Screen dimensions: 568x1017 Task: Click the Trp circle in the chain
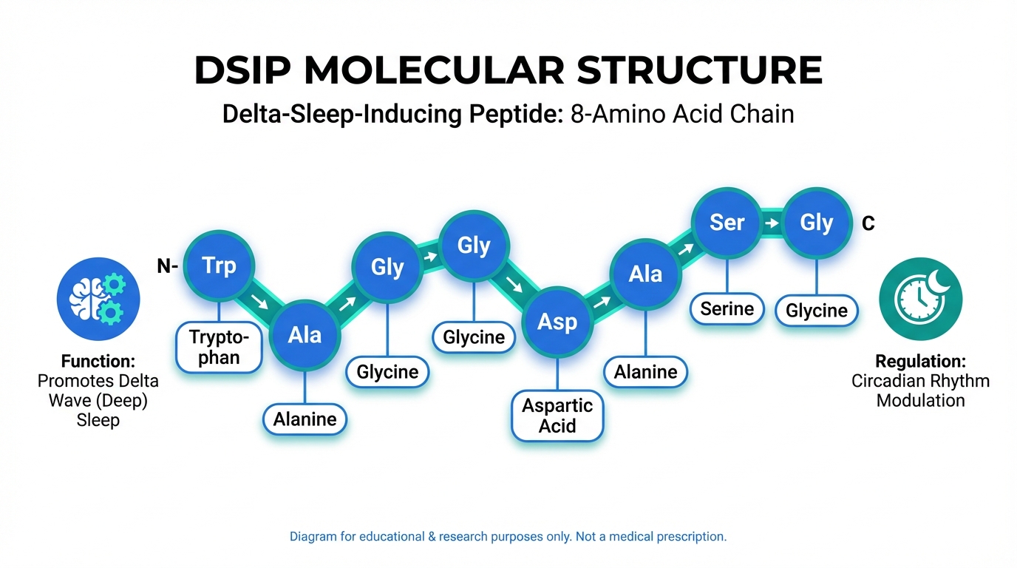pos(219,265)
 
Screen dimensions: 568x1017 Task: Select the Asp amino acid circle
pos(557,322)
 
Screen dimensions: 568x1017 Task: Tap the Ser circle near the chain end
pos(727,222)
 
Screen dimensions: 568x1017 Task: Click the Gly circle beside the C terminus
pos(817,222)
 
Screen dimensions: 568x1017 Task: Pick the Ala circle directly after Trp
pos(305,334)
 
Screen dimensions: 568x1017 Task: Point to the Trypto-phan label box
pos(219,348)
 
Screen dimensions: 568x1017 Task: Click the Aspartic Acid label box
pos(557,416)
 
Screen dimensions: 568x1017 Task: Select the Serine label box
pos(727,308)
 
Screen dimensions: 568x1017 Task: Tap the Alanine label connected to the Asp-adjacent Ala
pos(645,372)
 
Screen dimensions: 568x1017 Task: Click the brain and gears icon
pos(98,299)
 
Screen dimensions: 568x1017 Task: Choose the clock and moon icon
pos(920,299)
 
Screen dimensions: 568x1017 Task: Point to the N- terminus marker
pos(167,266)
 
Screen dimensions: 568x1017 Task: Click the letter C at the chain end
pos(868,223)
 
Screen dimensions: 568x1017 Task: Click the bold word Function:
pos(98,362)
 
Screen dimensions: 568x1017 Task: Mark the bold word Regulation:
pos(920,362)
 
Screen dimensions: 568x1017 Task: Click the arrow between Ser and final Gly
pos(771,223)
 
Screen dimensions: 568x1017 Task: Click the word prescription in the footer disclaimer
pos(690,536)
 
